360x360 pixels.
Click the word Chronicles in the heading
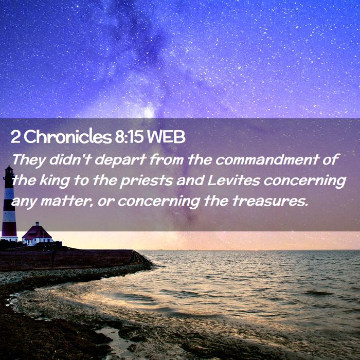coord(68,137)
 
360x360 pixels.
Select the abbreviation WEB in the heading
coord(166,137)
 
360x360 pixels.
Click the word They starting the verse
coord(29,160)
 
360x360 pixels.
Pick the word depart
coord(120,160)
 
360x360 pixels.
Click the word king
coord(55,181)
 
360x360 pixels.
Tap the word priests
coord(147,181)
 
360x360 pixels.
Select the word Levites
coord(233,180)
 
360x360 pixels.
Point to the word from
coord(167,159)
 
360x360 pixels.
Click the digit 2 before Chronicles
coord(15,137)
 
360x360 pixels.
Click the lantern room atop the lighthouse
coord(9,170)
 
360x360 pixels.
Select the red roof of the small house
coord(37,231)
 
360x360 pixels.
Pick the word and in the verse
coord(190,180)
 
